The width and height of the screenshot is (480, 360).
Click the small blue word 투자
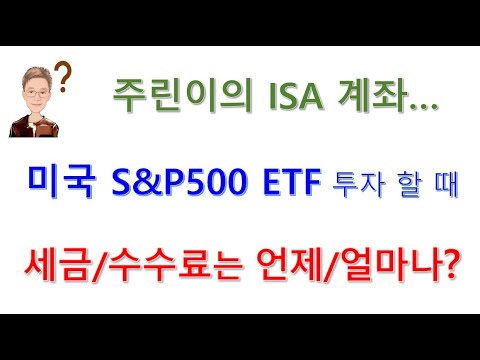point(348,185)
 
